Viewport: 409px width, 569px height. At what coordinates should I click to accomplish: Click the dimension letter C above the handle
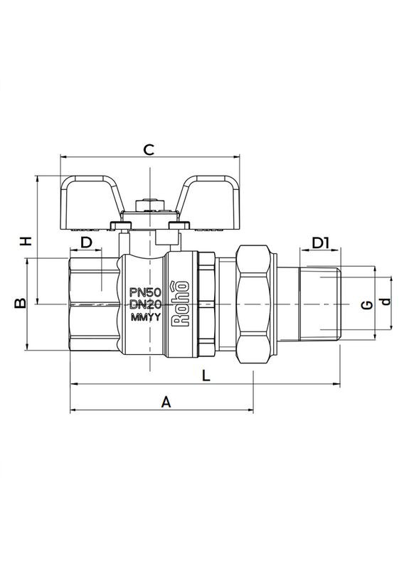149,149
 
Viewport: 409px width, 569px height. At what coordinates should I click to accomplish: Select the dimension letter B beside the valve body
21,304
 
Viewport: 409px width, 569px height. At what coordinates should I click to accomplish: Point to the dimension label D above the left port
86,243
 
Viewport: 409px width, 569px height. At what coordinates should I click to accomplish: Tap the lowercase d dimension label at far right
386,302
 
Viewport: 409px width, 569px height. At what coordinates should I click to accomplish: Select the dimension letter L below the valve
205,375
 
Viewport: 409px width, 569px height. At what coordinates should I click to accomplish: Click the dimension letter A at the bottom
166,402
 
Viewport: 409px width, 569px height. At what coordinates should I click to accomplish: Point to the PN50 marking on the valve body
146,292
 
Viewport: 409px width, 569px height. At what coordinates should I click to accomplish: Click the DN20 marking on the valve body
146,304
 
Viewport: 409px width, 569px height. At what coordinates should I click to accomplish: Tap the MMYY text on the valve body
146,317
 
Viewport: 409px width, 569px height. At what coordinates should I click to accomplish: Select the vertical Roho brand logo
181,304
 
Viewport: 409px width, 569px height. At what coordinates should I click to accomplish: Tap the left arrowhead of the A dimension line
73,410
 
